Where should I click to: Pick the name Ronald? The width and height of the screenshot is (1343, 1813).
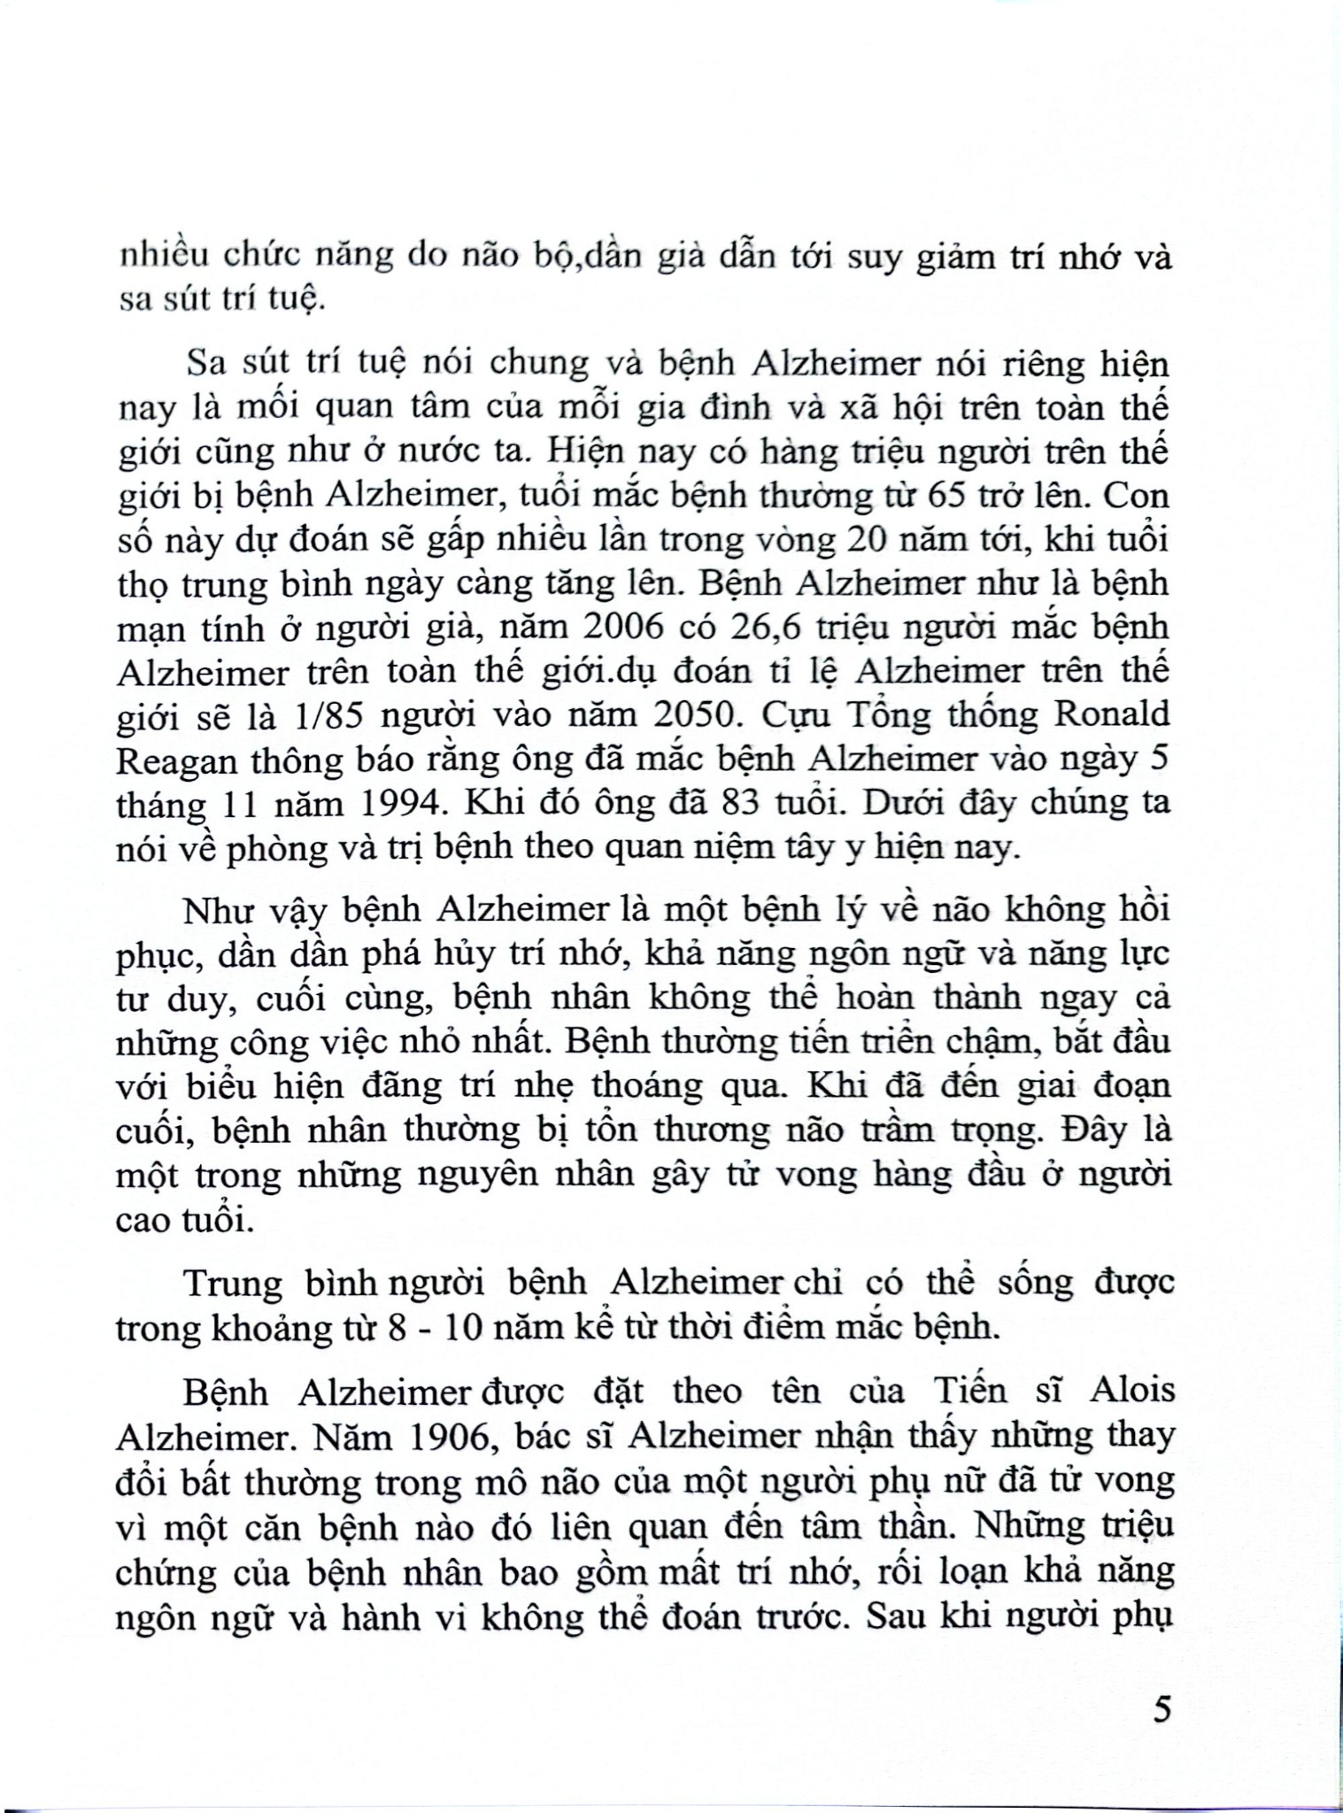click(x=1109, y=714)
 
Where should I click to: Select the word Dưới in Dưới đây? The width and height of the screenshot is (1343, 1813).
click(x=893, y=803)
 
